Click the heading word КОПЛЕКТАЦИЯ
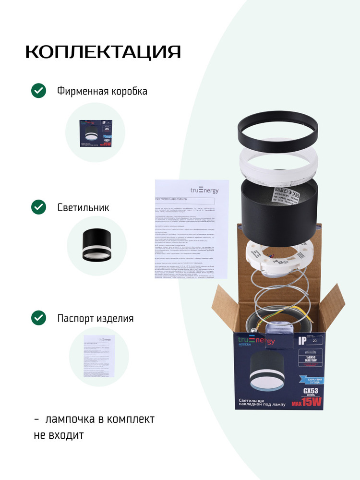pos(103,52)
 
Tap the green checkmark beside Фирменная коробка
pos(38,91)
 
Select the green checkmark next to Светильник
pos(38,207)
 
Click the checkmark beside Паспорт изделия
pos(38,318)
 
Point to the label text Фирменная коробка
pos(102,91)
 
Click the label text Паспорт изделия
pos(96,318)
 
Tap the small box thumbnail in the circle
pos(95,132)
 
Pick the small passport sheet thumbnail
pos(99,356)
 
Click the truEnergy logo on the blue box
pos(256,341)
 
